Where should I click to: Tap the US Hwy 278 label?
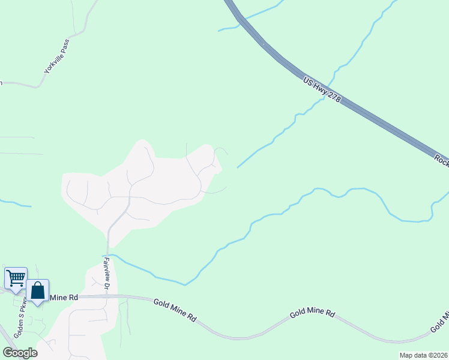pyautogui.click(x=322, y=89)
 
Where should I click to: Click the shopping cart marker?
pyautogui.click(x=16, y=278)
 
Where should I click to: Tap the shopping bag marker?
pyautogui.click(x=37, y=290)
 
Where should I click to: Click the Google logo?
pyautogui.click(x=20, y=353)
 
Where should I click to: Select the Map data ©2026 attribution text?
pyautogui.click(x=423, y=355)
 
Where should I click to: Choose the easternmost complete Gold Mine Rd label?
pyautogui.click(x=312, y=313)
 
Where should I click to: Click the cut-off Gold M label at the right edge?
pyautogui.click(x=440, y=322)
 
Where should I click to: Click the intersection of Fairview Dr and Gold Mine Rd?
pyautogui.click(x=108, y=296)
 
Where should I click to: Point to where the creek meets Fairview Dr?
pyautogui.click(x=108, y=255)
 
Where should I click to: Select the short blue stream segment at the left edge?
pyautogui.click(x=15, y=204)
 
